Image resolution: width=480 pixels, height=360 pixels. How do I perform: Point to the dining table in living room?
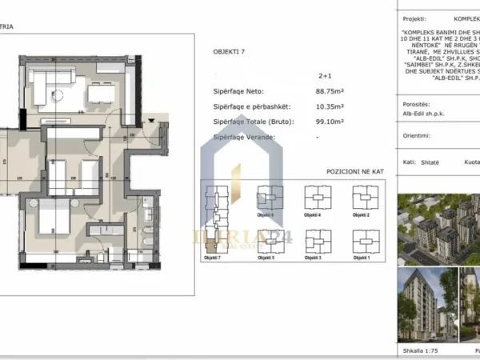click(x=100, y=94)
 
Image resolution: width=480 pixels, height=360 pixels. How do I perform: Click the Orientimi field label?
click(x=418, y=136)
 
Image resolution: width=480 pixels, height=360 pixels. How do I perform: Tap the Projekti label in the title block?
click(x=414, y=15)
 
